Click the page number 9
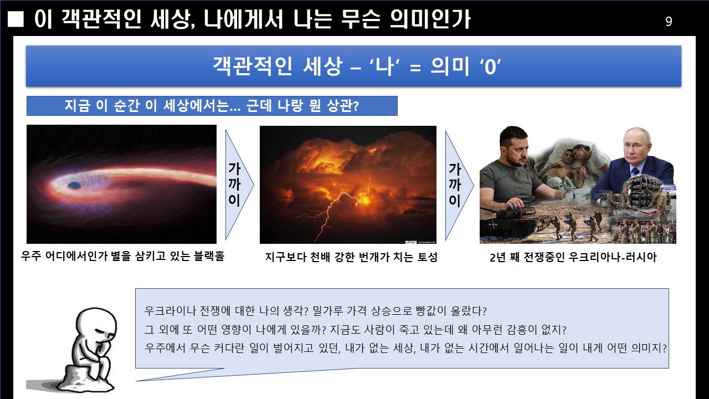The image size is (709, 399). (669, 21)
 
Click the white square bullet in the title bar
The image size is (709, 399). (16, 19)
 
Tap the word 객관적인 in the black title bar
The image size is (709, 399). (101, 19)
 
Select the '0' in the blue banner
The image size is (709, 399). (490, 67)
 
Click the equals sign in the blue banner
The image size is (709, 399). (415, 68)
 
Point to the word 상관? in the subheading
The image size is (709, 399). (343, 106)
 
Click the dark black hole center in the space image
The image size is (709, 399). (74, 185)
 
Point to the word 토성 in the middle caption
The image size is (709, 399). (427, 257)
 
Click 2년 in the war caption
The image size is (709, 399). (497, 257)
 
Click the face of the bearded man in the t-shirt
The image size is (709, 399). (515, 149)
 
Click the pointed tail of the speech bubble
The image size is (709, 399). (137, 381)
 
